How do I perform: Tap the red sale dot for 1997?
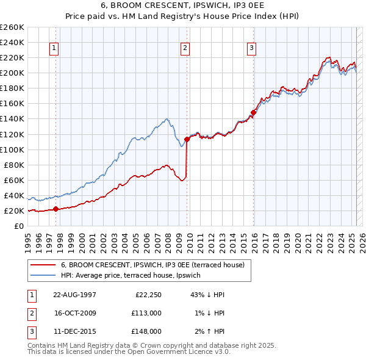(56, 209)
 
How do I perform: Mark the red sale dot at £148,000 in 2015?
(253, 112)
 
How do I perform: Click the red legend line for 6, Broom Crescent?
(43, 265)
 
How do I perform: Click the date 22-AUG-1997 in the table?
(74, 295)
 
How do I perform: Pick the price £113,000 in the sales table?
(148, 313)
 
